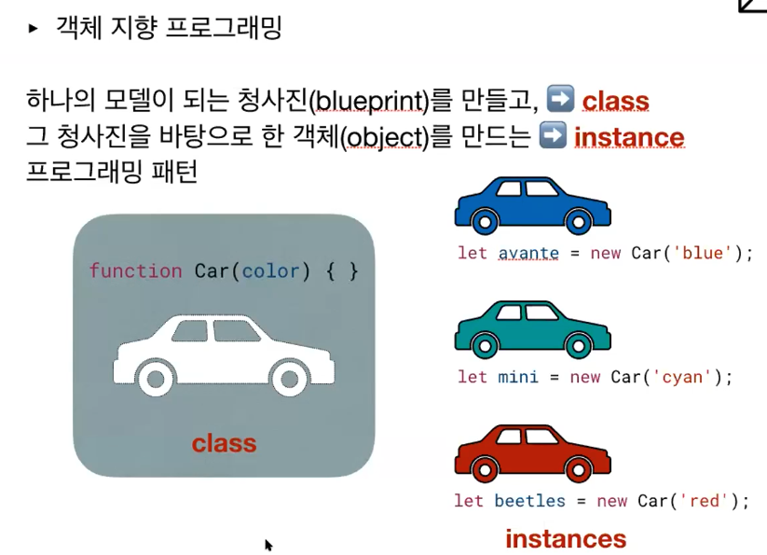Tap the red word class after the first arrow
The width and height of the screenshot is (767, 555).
coord(615,101)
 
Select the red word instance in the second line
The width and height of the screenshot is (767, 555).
coord(629,138)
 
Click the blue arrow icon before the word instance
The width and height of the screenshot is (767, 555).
coord(553,136)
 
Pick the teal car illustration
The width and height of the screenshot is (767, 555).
coord(532,329)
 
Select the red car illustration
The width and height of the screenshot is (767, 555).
coord(532,453)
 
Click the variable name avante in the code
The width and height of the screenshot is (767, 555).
coord(528,253)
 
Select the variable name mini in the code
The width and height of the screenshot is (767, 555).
coord(518,377)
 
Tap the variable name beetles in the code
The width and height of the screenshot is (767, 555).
coord(529,501)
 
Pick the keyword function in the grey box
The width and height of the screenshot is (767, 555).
coord(135,271)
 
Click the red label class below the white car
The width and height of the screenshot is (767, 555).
coord(224,443)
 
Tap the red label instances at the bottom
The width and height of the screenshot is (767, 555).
coord(566,538)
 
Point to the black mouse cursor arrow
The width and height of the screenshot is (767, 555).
coord(268,545)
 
